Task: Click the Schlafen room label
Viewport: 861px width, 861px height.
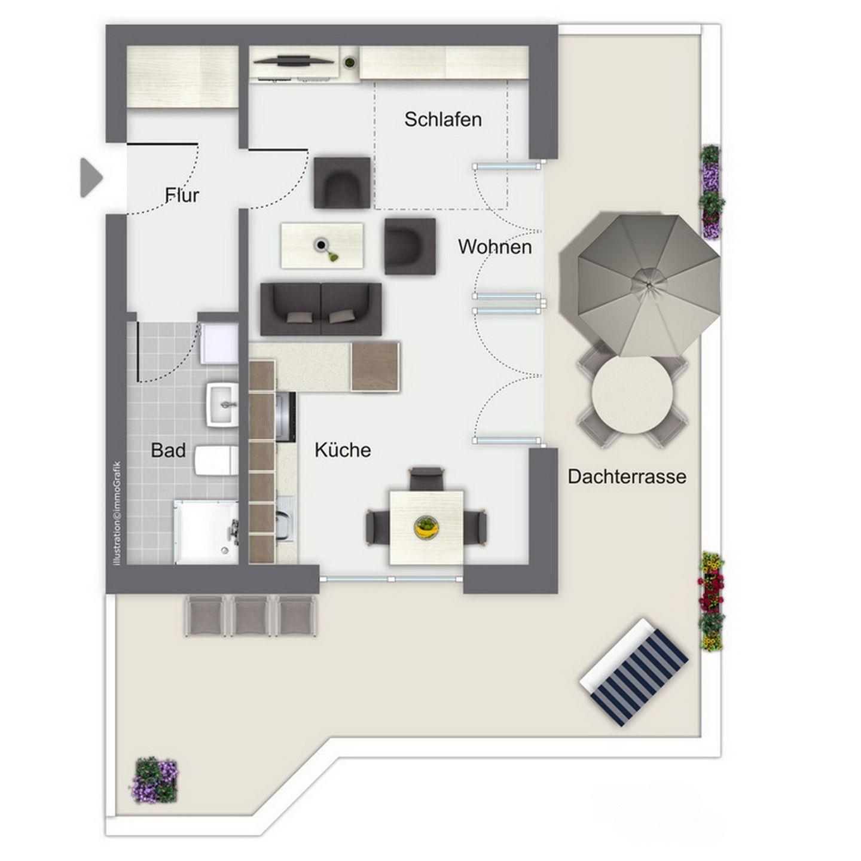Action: coord(443,120)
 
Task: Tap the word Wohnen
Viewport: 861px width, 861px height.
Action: coord(494,247)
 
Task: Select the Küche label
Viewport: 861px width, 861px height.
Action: coord(343,450)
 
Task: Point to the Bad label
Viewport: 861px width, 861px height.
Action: coord(168,450)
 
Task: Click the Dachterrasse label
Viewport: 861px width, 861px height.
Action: coord(627,477)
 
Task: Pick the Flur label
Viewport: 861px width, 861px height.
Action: coord(182,196)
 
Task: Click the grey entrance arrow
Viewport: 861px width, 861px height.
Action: coord(91,178)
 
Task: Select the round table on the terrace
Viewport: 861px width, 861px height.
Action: coord(632,395)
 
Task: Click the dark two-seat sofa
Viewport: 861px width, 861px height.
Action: coord(321,309)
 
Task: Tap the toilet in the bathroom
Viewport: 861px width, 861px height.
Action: coord(216,460)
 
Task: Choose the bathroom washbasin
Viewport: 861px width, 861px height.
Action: coord(222,405)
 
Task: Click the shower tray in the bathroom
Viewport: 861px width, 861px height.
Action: coord(206,532)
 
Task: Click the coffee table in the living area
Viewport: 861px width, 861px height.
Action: coord(322,246)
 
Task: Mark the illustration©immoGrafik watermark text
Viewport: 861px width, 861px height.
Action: coord(118,513)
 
